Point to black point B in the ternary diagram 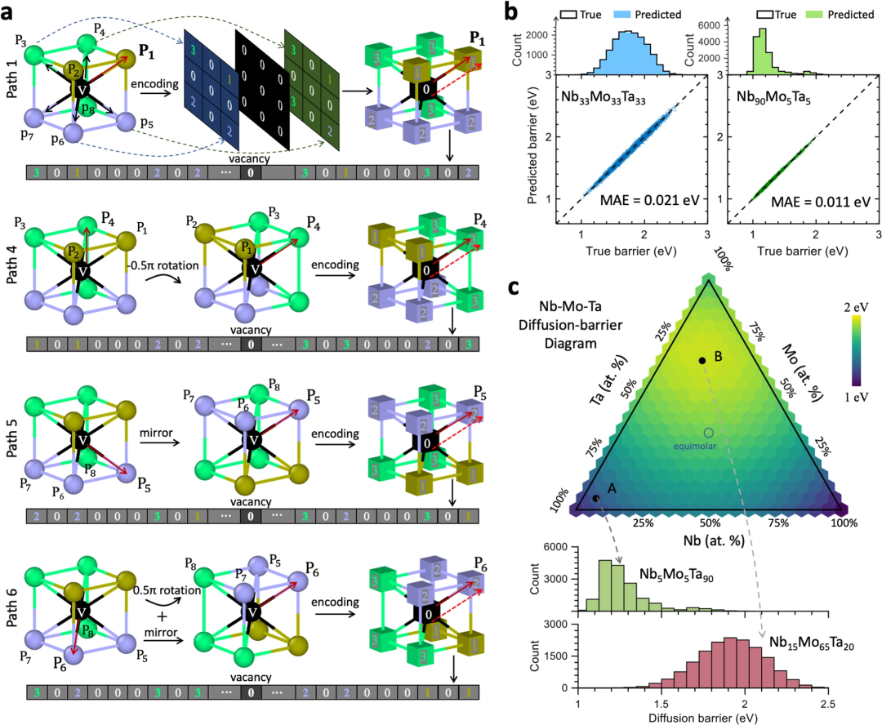[x=701, y=360]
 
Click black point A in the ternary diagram [x=596, y=498]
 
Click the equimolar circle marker [x=709, y=432]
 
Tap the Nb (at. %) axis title [x=709, y=541]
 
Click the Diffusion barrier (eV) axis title [x=708, y=716]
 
